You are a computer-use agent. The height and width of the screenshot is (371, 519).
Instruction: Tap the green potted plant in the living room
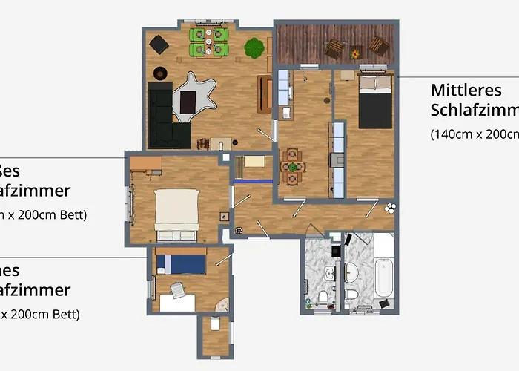[254, 48]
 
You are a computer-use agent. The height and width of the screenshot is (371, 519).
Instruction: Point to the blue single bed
[181, 263]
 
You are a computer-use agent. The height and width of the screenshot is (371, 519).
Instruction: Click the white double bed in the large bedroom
[176, 210]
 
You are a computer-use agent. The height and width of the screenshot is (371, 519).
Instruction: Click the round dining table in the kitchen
[293, 167]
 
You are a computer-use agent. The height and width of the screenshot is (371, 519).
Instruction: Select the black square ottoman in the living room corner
[159, 44]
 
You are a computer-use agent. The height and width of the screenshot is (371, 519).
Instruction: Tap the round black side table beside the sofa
[159, 73]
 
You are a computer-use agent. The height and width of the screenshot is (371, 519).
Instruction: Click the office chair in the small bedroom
[176, 289]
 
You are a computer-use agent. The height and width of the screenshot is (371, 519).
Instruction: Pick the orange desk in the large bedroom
[145, 164]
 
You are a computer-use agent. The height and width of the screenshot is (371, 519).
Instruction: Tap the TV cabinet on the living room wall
[264, 93]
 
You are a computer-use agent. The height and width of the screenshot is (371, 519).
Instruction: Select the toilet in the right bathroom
[352, 296]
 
